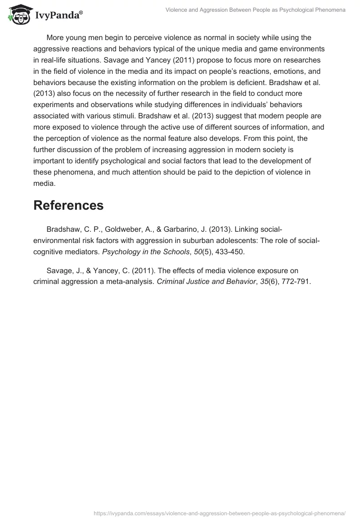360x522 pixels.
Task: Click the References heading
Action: [68, 205]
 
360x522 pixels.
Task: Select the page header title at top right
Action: [256, 10]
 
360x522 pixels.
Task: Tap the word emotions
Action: [269, 71]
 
